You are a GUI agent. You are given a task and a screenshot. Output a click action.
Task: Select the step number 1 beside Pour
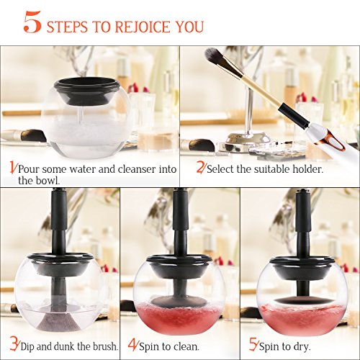(x=13, y=167)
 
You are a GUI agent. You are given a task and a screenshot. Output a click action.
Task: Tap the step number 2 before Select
(x=201, y=167)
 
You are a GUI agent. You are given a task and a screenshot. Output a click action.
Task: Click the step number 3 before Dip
(x=14, y=345)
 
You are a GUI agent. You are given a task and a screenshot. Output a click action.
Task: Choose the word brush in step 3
(x=106, y=346)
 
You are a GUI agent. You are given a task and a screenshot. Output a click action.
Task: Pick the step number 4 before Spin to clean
(x=132, y=345)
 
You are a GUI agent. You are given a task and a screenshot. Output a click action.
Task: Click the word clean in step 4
(x=186, y=346)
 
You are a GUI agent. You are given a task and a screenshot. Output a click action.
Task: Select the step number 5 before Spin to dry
(x=253, y=345)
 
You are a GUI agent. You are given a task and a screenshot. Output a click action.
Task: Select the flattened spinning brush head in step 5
(x=301, y=300)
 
